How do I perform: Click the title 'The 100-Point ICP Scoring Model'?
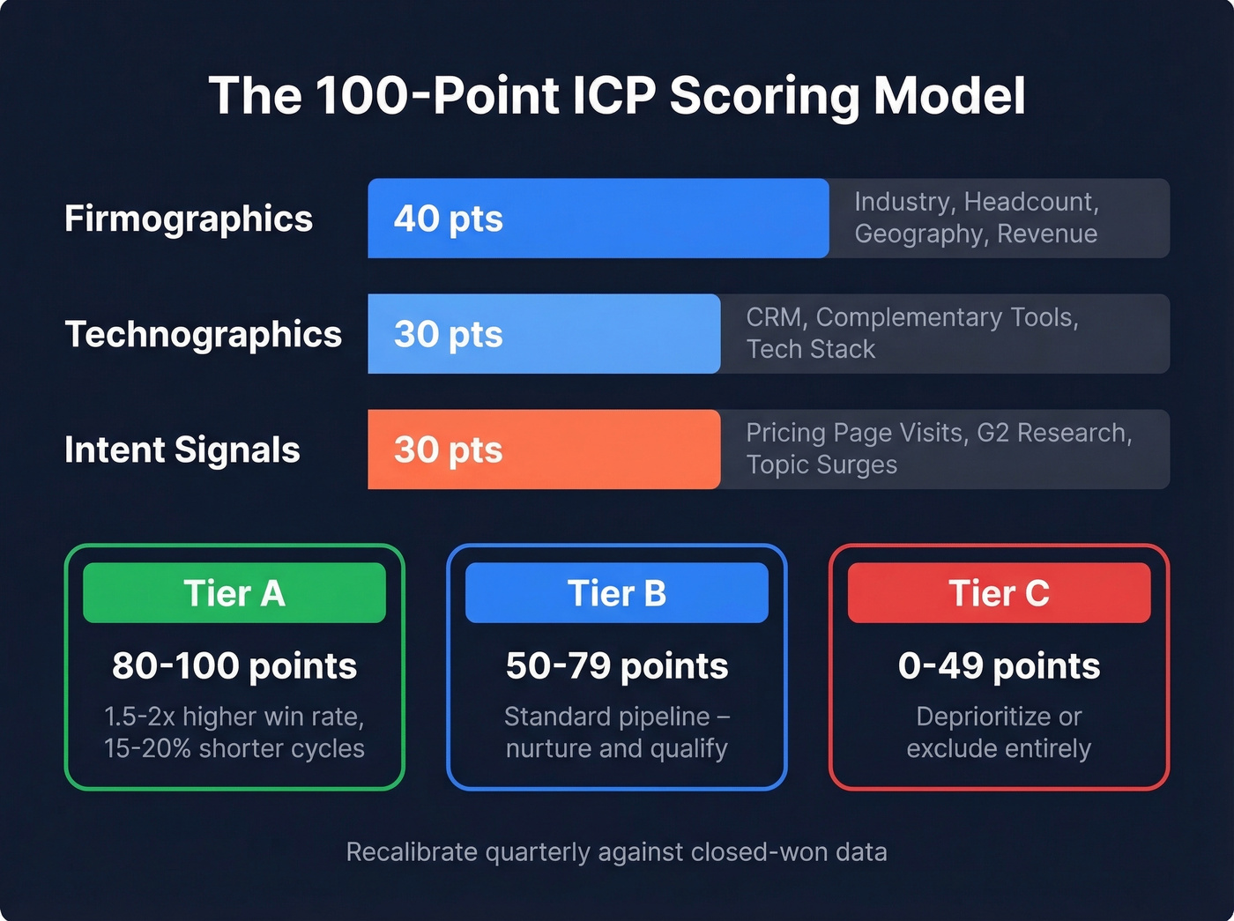tap(617, 95)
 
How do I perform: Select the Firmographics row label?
tap(189, 219)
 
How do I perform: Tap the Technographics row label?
tap(204, 334)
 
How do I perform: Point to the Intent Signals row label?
tap(182, 449)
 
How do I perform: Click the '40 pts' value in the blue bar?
tap(448, 219)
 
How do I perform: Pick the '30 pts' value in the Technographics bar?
tap(448, 334)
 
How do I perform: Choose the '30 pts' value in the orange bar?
tap(448, 449)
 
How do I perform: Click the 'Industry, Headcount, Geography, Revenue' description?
tap(976, 218)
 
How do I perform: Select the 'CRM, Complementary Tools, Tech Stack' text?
tap(911, 333)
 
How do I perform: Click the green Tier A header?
tap(234, 593)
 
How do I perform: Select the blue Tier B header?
tap(617, 593)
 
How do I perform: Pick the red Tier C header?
tap(999, 593)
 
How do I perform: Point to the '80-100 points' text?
tap(234, 665)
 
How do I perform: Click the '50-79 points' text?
tap(617, 665)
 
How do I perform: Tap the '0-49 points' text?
tap(999, 665)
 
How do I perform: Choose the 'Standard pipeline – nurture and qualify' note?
tap(617, 732)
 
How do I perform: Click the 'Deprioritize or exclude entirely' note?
tap(999, 732)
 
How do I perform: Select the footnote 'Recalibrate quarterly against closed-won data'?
tap(617, 852)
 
